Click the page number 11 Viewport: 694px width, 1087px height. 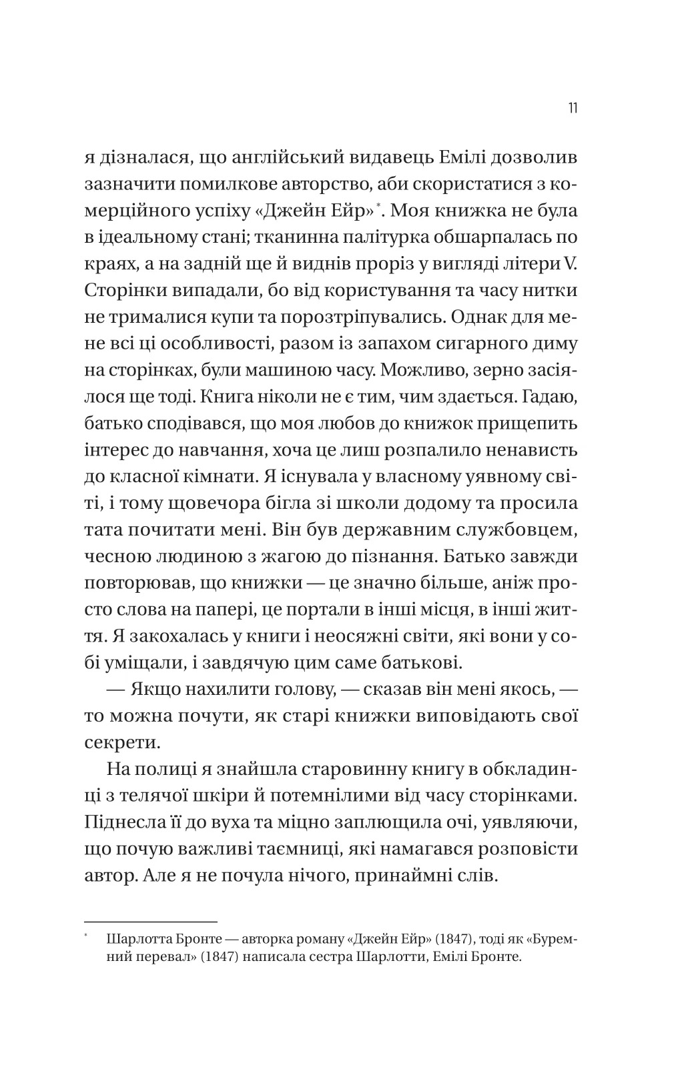tap(572, 109)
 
